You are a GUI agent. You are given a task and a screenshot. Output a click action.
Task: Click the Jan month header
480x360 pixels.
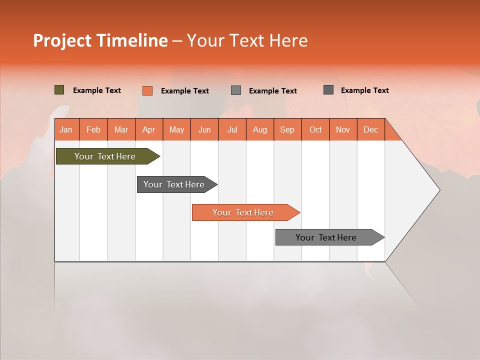[66, 130]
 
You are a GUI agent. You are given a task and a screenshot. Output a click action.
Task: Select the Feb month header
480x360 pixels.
[93, 130]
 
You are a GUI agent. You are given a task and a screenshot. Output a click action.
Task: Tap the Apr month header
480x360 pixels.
[148, 130]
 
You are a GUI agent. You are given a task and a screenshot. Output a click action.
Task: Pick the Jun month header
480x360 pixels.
[204, 130]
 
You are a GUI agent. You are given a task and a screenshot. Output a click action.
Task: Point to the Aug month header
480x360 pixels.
[259, 130]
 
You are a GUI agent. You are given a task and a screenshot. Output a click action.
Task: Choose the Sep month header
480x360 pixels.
[287, 130]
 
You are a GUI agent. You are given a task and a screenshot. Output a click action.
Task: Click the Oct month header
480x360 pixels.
[315, 130]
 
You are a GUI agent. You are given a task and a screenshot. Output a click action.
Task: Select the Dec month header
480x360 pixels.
[370, 130]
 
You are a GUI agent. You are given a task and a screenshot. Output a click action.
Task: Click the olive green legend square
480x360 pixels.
[59, 90]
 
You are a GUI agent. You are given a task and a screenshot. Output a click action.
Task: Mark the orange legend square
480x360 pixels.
[147, 90]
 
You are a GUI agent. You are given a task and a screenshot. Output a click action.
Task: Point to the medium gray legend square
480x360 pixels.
[236, 90]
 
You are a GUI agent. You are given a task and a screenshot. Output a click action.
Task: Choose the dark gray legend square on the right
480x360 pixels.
[328, 90]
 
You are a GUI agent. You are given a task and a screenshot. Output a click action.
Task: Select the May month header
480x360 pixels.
[176, 130]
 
